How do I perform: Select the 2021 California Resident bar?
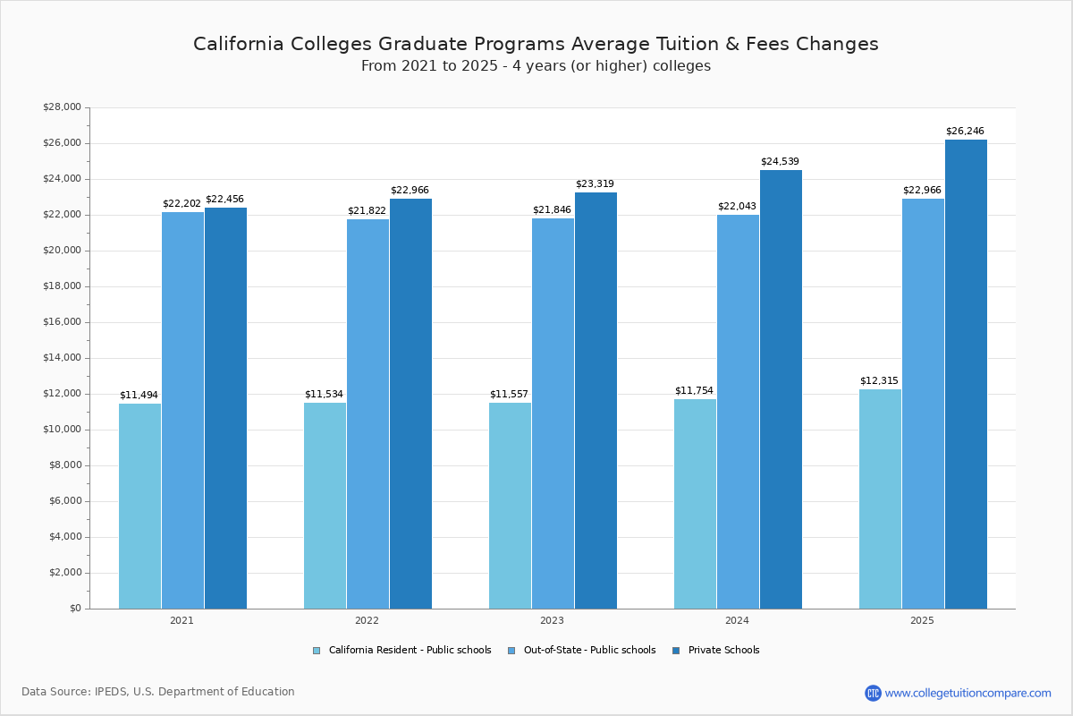pyautogui.click(x=139, y=506)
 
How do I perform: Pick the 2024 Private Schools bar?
pyautogui.click(x=781, y=389)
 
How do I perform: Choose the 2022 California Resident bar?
pyautogui.click(x=325, y=506)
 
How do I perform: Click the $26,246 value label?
pyautogui.click(x=965, y=132)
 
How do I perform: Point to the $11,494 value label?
pyautogui.click(x=139, y=396)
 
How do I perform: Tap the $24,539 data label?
pyautogui.click(x=780, y=162)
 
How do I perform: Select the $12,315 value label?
pyautogui.click(x=879, y=381)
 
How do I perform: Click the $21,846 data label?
pyautogui.click(x=552, y=210)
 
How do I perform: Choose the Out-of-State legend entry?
pyautogui.click(x=581, y=651)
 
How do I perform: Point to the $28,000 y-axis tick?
pyautogui.click(x=62, y=107)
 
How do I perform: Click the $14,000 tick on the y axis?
pyautogui.click(x=62, y=358)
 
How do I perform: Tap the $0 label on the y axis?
pyautogui.click(x=74, y=609)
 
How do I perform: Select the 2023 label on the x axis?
pyautogui.click(x=552, y=620)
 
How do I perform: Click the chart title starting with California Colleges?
pyautogui.click(x=536, y=44)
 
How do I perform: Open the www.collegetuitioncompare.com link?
pyautogui.click(x=967, y=693)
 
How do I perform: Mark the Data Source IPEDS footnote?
pyautogui.click(x=158, y=692)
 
